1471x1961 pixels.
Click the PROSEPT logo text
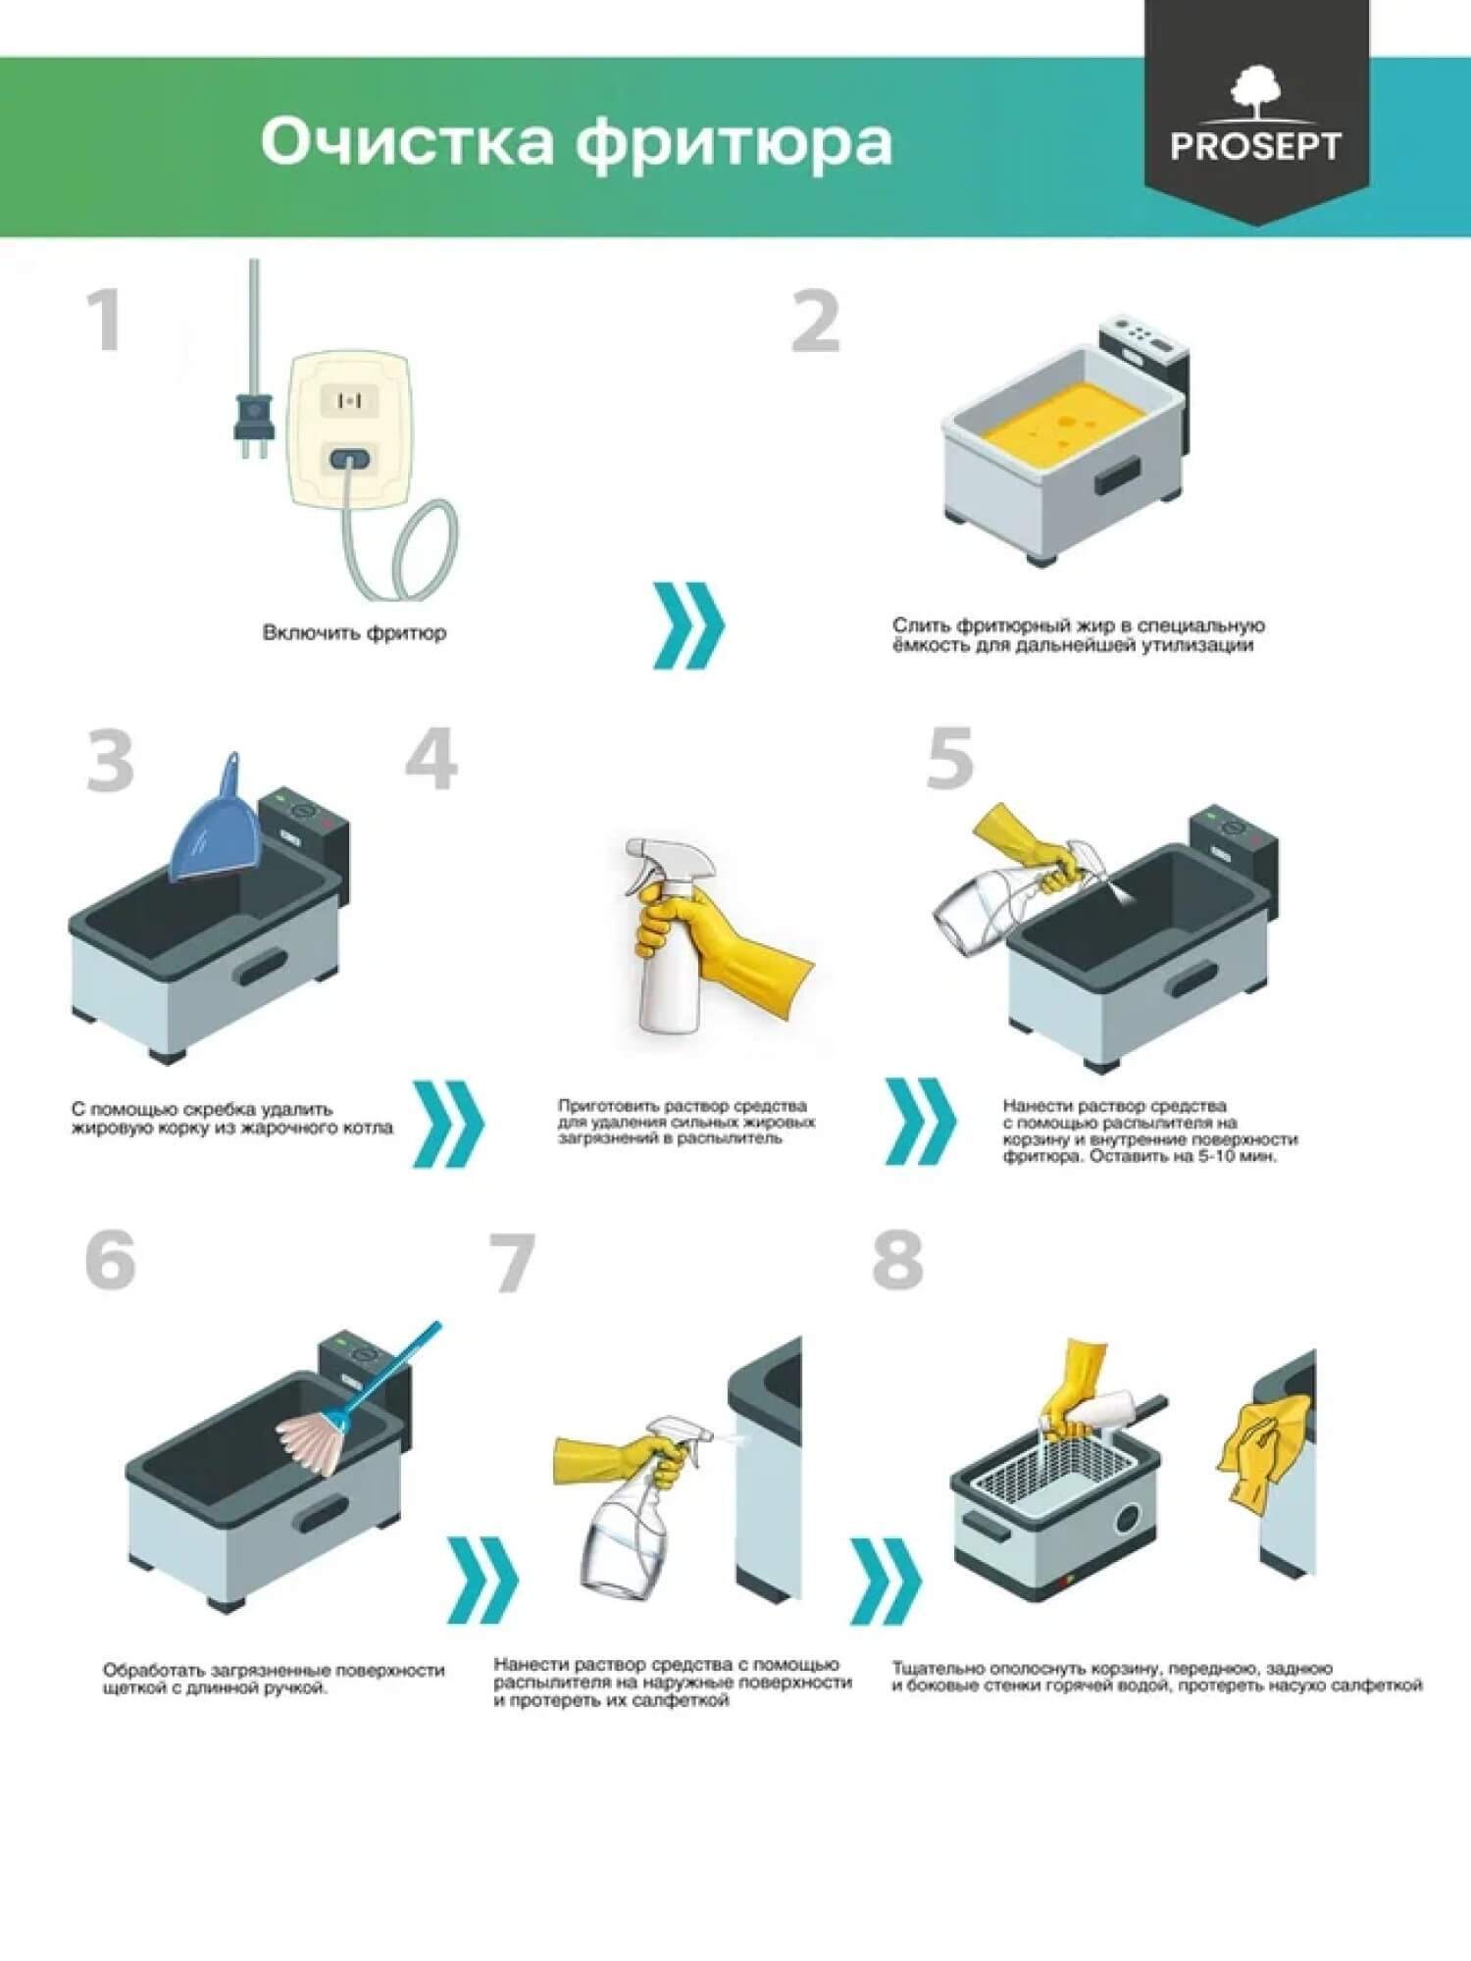point(1255,146)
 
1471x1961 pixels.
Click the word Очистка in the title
point(407,141)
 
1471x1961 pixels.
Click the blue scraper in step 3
point(214,824)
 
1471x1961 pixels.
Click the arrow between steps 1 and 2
point(689,626)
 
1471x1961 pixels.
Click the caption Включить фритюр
point(354,632)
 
